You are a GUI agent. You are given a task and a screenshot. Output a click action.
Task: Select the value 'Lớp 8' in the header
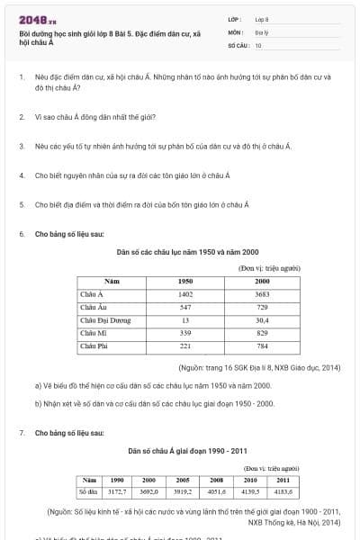coord(262,19)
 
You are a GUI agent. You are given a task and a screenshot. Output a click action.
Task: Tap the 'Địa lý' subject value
coord(261,31)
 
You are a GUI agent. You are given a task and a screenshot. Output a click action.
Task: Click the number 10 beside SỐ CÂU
coord(258,44)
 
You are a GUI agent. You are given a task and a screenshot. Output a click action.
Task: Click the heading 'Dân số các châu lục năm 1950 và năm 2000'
coord(187,252)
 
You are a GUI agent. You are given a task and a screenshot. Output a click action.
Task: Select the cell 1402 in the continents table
coord(185,294)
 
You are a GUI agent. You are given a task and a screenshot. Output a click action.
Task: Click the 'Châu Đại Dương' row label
coord(105,319)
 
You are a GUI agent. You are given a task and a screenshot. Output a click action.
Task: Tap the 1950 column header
coord(185,282)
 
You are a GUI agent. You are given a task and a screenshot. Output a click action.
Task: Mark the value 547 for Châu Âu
coord(185,307)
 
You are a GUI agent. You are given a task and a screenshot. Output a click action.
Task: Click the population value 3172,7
coord(117,492)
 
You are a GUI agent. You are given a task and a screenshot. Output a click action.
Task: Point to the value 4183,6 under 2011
coord(283,492)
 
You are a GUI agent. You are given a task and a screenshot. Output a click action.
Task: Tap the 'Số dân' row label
coord(88,492)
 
